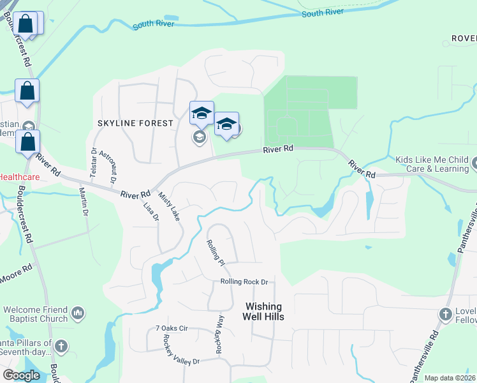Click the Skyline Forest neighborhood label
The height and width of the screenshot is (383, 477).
(135, 123)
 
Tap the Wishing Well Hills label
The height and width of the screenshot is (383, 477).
(264, 311)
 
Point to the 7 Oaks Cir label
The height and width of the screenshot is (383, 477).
(172, 328)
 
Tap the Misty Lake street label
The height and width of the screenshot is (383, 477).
(169, 206)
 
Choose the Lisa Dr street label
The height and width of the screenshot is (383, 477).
(151, 211)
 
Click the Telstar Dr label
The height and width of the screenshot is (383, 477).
(93, 160)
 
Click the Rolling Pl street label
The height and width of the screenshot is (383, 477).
(216, 252)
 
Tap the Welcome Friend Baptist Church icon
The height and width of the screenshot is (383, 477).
(78, 313)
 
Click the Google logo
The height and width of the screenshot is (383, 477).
(22, 375)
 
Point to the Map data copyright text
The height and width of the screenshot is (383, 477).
(450, 378)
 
